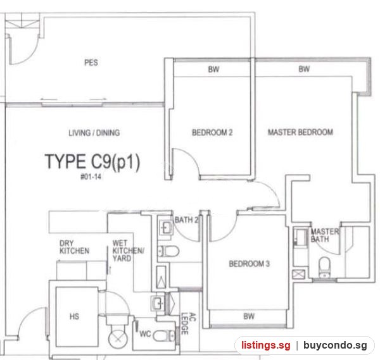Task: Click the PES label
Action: tap(91, 63)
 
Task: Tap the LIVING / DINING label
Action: tap(94, 133)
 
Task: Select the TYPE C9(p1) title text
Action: tap(92, 162)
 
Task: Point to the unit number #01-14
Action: tap(91, 177)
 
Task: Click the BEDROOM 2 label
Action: tap(212, 132)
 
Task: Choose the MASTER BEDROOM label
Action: tap(300, 132)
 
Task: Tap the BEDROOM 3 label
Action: tap(250, 264)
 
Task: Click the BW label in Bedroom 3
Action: tap(249, 316)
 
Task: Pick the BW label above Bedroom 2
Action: tap(213, 70)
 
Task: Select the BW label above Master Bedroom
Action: tap(304, 69)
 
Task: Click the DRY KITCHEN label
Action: tap(74, 247)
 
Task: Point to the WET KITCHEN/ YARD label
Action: tap(128, 251)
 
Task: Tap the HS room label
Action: tap(74, 316)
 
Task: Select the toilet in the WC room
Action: tap(164, 336)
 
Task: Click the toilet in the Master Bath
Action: tap(324, 267)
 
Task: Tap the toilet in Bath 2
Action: tap(168, 251)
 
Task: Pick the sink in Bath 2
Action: tap(166, 227)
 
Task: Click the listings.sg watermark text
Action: tap(265, 345)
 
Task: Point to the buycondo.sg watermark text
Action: tap(335, 345)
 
